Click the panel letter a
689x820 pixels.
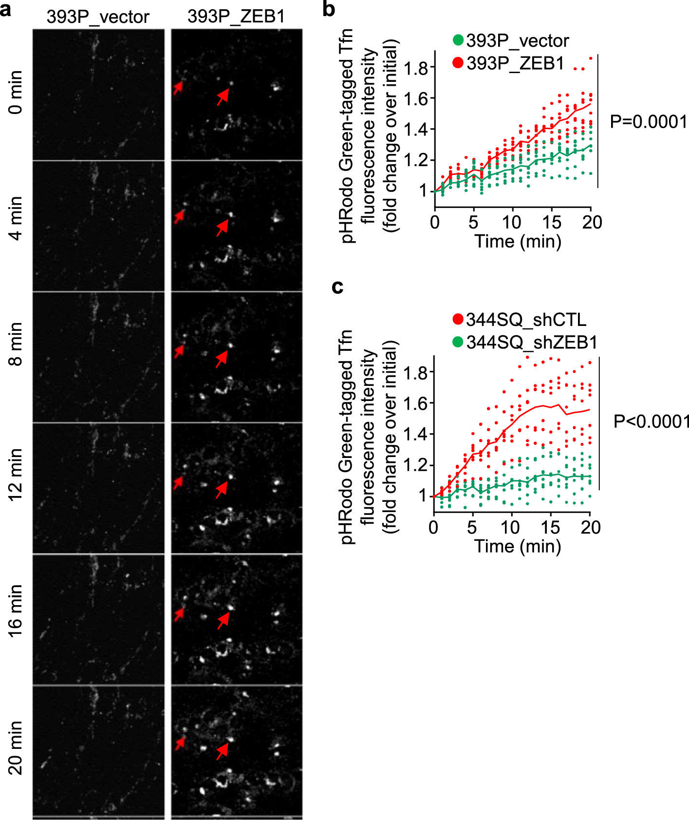click(6, 10)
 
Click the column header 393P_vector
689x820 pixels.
click(97, 17)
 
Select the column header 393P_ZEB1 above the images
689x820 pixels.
click(236, 17)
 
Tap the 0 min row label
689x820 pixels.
click(16, 92)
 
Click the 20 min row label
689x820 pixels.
click(16, 747)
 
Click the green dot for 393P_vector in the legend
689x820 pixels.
click(458, 40)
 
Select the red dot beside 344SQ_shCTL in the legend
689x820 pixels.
click(458, 320)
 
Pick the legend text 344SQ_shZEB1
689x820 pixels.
click(531, 343)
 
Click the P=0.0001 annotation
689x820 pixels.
click(648, 122)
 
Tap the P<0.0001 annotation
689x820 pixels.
click(651, 421)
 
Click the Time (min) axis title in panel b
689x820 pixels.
click(518, 242)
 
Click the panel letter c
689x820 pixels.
click(337, 287)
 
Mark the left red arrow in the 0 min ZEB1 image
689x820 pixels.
click(178, 88)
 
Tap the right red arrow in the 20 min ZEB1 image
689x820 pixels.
click(223, 751)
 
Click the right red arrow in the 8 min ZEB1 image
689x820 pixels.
click(222, 359)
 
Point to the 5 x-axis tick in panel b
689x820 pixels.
click(473, 223)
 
